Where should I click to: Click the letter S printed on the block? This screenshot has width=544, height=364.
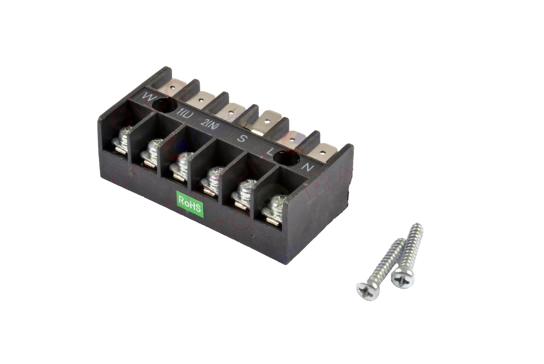coord(241,138)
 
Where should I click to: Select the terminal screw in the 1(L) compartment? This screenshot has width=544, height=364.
coord(152,152)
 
